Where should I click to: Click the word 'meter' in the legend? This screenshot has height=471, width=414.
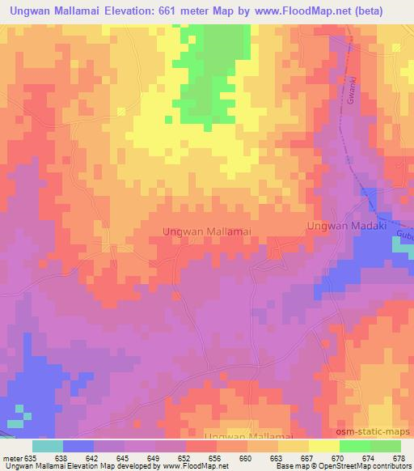pos(15,457)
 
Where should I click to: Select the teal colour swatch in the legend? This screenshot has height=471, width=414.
pos(47,446)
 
